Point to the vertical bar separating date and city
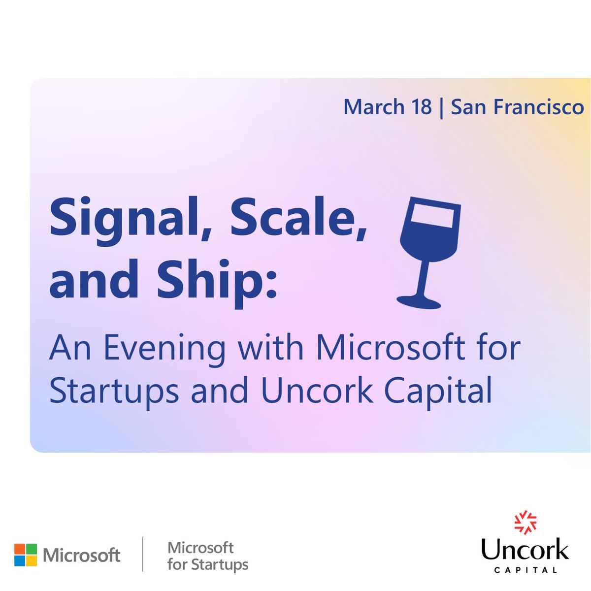point(440,107)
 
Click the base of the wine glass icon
point(419,301)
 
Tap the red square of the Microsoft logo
point(19,549)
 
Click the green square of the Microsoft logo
point(31,549)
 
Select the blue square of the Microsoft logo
point(19,561)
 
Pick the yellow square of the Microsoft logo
point(31,561)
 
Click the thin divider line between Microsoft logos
point(143,555)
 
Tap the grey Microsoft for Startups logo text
point(207,556)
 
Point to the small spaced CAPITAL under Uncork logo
point(525,570)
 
